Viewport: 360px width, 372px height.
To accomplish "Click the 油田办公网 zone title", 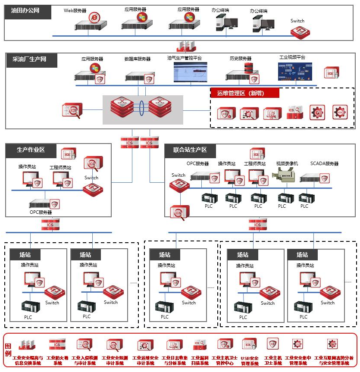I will coord(25,10).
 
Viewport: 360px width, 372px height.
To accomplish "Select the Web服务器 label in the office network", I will coord(75,10).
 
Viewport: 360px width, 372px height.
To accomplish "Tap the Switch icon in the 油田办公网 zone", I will coord(300,32).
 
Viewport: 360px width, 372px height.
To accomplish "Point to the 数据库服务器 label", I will coord(138,59).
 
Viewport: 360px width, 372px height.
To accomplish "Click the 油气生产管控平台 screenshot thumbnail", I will coord(190,72).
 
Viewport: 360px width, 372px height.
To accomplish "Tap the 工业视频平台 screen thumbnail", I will coord(295,72).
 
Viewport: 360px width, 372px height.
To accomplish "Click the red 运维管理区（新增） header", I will coord(244,93).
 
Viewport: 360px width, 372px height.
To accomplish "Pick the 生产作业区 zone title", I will coord(31,150).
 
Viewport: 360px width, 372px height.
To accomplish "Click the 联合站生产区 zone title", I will coord(190,150).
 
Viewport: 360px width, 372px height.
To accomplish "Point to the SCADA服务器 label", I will coord(324,164).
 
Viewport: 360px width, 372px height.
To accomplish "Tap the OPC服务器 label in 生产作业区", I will coord(41,213).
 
